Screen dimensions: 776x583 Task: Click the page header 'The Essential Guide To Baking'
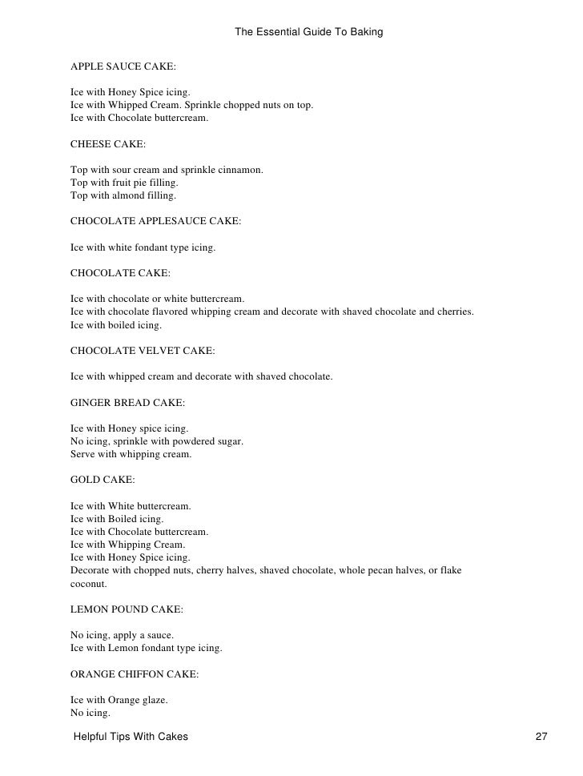pyautogui.click(x=308, y=33)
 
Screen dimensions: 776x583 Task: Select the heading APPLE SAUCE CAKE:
pyautogui.click(x=118, y=66)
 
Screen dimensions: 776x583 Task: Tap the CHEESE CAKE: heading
pyautogui.click(x=108, y=144)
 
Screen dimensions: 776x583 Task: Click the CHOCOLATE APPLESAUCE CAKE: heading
pyautogui.click(x=155, y=221)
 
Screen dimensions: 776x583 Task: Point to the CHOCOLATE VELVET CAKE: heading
pyautogui.click(x=143, y=350)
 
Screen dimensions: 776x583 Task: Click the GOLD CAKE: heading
pyautogui.click(x=103, y=480)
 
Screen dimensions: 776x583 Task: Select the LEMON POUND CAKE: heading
pyautogui.click(x=127, y=609)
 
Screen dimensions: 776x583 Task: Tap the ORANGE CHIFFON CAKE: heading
pyautogui.click(x=135, y=674)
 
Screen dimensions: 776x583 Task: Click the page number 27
pyautogui.click(x=541, y=736)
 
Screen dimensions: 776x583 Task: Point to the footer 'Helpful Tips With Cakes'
pyautogui.click(x=131, y=736)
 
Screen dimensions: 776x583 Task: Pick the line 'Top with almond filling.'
pyautogui.click(x=123, y=196)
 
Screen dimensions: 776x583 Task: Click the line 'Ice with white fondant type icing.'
pyautogui.click(x=143, y=248)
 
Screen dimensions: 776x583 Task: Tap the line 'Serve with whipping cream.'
pyautogui.click(x=131, y=455)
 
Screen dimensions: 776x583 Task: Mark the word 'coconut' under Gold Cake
pyautogui.click(x=87, y=584)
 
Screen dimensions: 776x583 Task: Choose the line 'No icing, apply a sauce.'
pyautogui.click(x=122, y=635)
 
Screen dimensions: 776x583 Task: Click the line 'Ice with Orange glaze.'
pyautogui.click(x=119, y=700)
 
